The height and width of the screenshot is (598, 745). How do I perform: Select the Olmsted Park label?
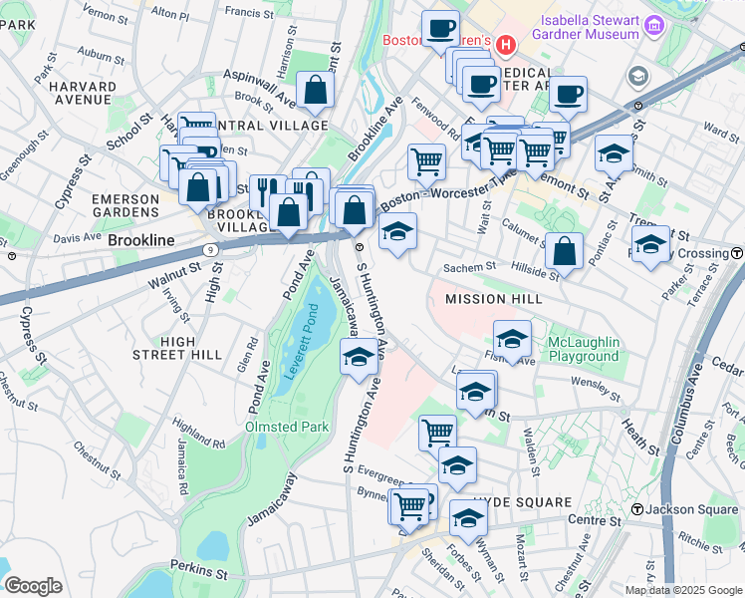[286, 427]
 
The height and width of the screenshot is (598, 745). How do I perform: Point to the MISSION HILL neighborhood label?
[493, 299]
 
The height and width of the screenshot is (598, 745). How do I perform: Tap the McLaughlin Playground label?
[584, 349]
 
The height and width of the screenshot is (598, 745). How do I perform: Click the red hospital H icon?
[506, 44]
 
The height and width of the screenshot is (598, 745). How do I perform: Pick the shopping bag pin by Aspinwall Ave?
[315, 91]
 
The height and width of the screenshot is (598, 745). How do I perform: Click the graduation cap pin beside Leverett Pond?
[359, 359]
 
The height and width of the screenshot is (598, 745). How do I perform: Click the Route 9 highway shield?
[210, 249]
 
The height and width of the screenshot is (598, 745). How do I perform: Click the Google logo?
[32, 586]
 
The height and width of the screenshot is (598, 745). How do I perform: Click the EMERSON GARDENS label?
[125, 205]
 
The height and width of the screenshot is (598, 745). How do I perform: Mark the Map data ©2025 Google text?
[683, 590]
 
